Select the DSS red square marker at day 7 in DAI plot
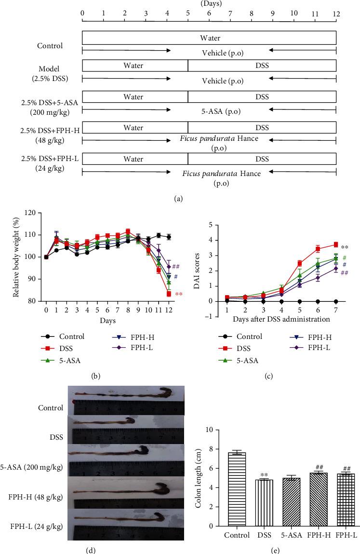tap(335, 245)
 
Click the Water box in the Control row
tap(209, 37)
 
